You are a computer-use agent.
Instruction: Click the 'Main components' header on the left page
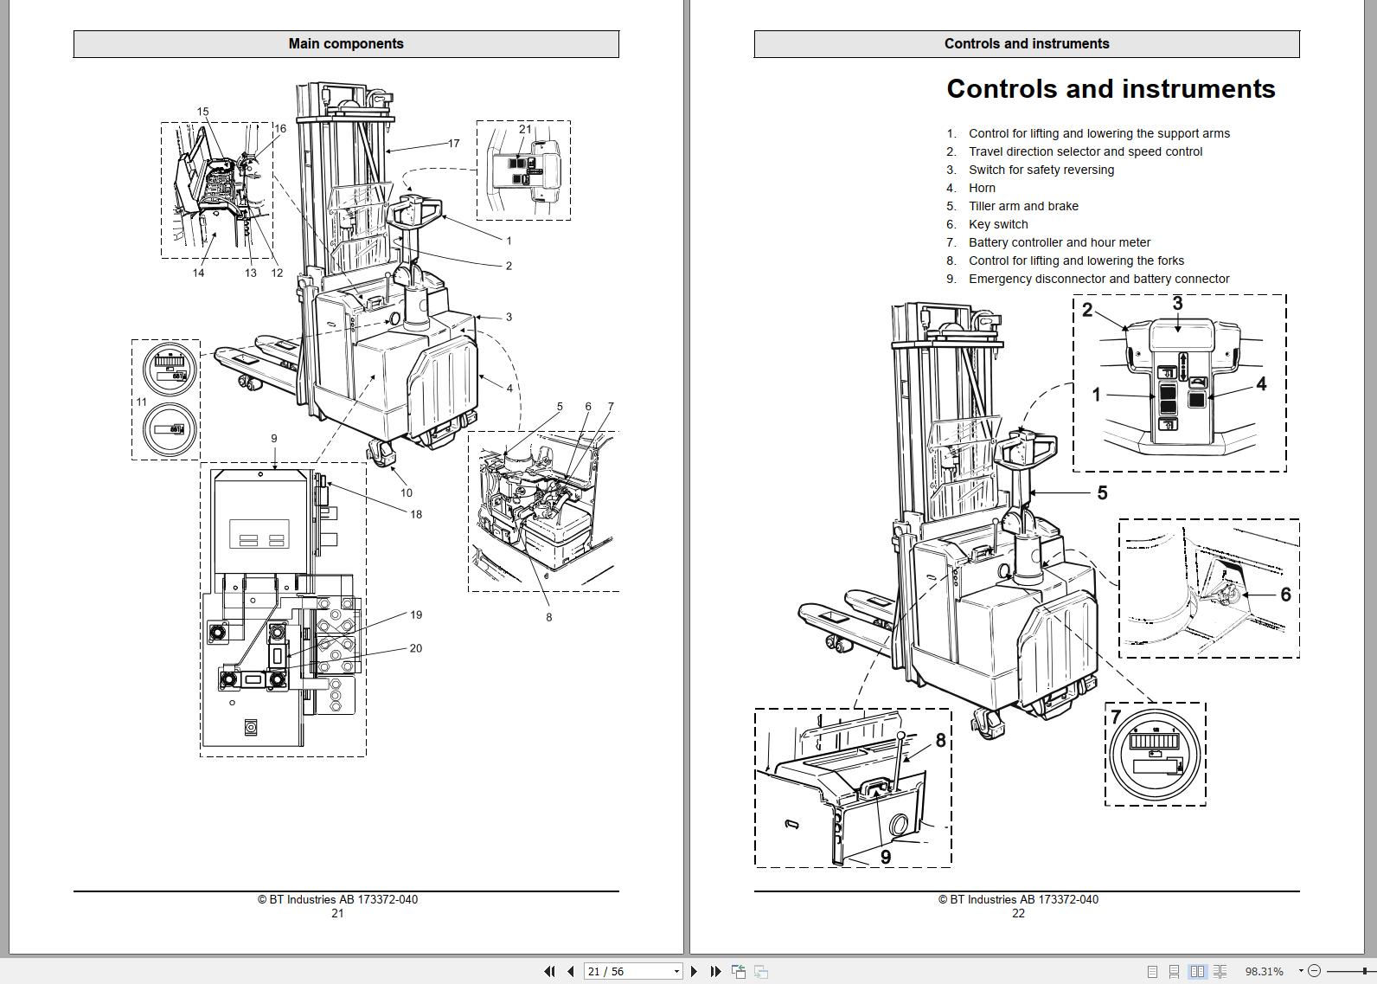click(x=346, y=44)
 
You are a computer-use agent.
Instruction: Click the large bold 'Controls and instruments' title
click(x=1111, y=89)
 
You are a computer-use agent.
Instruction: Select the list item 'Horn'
click(x=982, y=188)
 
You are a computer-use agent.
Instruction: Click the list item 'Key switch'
click(x=998, y=224)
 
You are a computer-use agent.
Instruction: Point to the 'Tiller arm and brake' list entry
click(x=1023, y=206)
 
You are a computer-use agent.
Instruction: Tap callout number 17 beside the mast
click(x=453, y=144)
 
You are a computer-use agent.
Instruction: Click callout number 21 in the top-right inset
click(x=525, y=130)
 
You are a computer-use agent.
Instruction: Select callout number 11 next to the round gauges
click(x=141, y=402)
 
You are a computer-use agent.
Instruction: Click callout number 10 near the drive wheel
click(x=407, y=493)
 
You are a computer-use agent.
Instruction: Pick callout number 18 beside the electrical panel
click(x=416, y=515)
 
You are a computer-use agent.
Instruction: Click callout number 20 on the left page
click(x=416, y=648)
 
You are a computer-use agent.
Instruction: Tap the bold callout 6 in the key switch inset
click(x=1285, y=595)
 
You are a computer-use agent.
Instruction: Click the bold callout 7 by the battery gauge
click(x=1116, y=717)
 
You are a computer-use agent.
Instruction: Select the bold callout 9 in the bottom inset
click(x=886, y=857)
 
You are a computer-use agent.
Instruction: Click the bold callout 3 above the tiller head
click(x=1177, y=304)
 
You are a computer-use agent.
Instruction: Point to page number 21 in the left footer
click(x=337, y=913)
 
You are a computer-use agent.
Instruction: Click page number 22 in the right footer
click(x=1018, y=913)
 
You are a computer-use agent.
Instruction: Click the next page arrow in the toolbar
click(x=694, y=971)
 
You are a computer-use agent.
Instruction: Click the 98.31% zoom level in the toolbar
click(x=1264, y=971)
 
